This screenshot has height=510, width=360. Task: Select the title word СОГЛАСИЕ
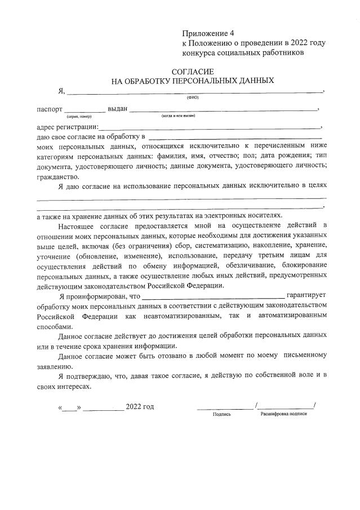[x=193, y=72]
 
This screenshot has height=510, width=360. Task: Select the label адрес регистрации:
[x=66, y=127]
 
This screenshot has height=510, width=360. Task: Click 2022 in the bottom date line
[x=134, y=407]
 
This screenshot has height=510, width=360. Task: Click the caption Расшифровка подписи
[x=283, y=414]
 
